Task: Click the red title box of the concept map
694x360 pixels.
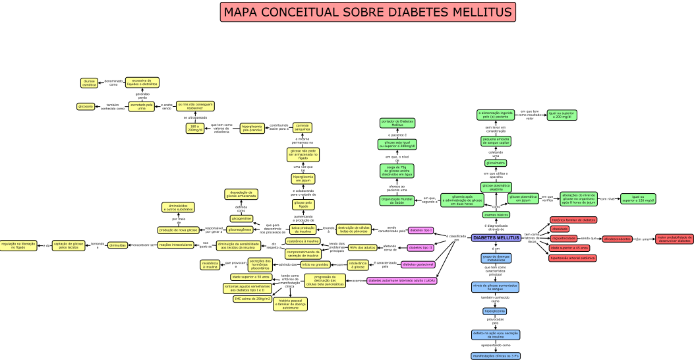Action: (368, 13)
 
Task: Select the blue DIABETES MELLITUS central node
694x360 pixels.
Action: (496, 237)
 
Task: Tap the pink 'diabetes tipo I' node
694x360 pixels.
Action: (420, 230)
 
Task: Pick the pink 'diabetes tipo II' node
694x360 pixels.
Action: (420, 248)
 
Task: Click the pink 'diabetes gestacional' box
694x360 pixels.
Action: (418, 264)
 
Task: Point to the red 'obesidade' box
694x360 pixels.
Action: (560, 229)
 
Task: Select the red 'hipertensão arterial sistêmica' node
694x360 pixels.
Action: (573, 258)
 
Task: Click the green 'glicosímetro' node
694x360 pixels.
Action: (496, 163)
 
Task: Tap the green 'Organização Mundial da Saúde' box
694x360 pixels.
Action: (397, 200)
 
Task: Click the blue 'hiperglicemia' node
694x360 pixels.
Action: (495, 311)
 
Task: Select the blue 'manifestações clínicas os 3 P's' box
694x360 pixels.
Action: (496, 356)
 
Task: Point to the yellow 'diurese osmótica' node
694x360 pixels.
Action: (89, 83)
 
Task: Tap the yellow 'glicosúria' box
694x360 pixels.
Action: (85, 106)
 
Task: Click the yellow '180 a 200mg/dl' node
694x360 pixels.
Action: (194, 128)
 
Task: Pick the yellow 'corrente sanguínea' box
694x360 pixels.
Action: (303, 127)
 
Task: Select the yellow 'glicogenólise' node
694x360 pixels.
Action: (241, 218)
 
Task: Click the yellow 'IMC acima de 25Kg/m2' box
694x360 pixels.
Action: (252, 299)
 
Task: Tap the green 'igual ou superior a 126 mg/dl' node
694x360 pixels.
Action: (637, 198)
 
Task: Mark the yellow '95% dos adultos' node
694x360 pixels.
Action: (362, 248)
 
